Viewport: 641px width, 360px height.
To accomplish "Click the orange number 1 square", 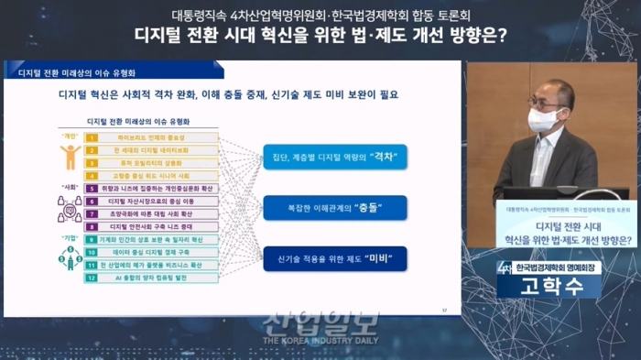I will click(x=91, y=137).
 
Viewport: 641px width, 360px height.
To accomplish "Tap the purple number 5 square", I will click(x=91, y=188).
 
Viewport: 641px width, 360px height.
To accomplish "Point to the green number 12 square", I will click(x=91, y=277).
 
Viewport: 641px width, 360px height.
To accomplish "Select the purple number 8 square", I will click(x=91, y=225).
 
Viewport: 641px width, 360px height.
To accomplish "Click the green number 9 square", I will click(x=91, y=238).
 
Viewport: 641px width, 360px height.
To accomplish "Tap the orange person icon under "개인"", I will click(x=71, y=157).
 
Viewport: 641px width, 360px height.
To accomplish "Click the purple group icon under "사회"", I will click(x=70, y=207).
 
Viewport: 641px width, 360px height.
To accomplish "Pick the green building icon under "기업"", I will click(x=70, y=257).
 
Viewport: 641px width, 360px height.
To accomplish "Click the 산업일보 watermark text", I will click(x=320, y=322).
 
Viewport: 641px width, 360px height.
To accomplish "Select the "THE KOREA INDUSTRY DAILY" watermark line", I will click(x=320, y=341).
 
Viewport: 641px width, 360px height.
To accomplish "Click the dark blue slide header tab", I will click(x=73, y=70).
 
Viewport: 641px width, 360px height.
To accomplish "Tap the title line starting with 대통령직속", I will click(x=320, y=15).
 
